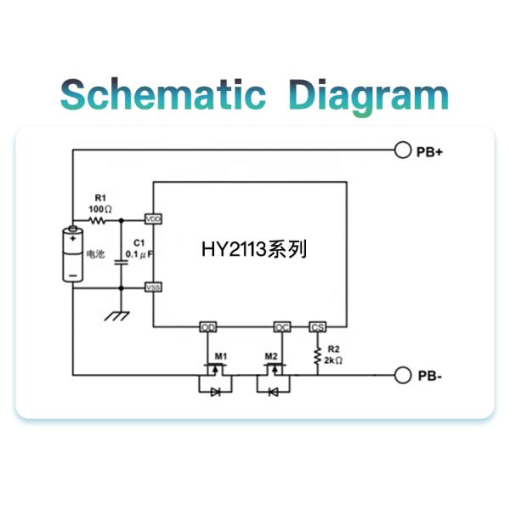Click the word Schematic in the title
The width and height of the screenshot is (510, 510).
click(x=163, y=94)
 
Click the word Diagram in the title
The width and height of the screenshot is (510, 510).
click(x=369, y=97)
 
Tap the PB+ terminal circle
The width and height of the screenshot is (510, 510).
click(x=403, y=150)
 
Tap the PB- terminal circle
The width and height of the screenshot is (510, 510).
click(x=403, y=376)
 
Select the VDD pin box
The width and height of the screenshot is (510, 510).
click(x=153, y=219)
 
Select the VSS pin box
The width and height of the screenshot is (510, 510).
click(x=153, y=287)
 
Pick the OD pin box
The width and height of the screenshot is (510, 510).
click(x=208, y=327)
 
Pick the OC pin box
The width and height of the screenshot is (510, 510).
click(x=282, y=327)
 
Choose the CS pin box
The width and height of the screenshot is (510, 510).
click(x=317, y=327)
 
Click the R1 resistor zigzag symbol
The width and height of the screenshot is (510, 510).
click(x=97, y=221)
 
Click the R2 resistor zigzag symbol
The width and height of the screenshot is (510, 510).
click(x=317, y=355)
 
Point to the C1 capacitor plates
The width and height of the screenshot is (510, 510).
click(x=122, y=262)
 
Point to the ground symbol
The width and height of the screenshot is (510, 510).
click(x=116, y=316)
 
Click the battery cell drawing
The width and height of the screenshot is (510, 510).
click(x=73, y=253)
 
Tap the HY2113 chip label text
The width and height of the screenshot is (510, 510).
click(x=254, y=249)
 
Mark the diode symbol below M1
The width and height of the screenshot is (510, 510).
click(x=215, y=392)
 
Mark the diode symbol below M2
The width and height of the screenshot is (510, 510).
click(x=273, y=393)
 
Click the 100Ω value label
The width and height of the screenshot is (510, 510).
click(x=100, y=209)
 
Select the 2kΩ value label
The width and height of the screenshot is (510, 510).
click(x=333, y=360)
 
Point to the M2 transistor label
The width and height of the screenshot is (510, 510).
click(x=271, y=356)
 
